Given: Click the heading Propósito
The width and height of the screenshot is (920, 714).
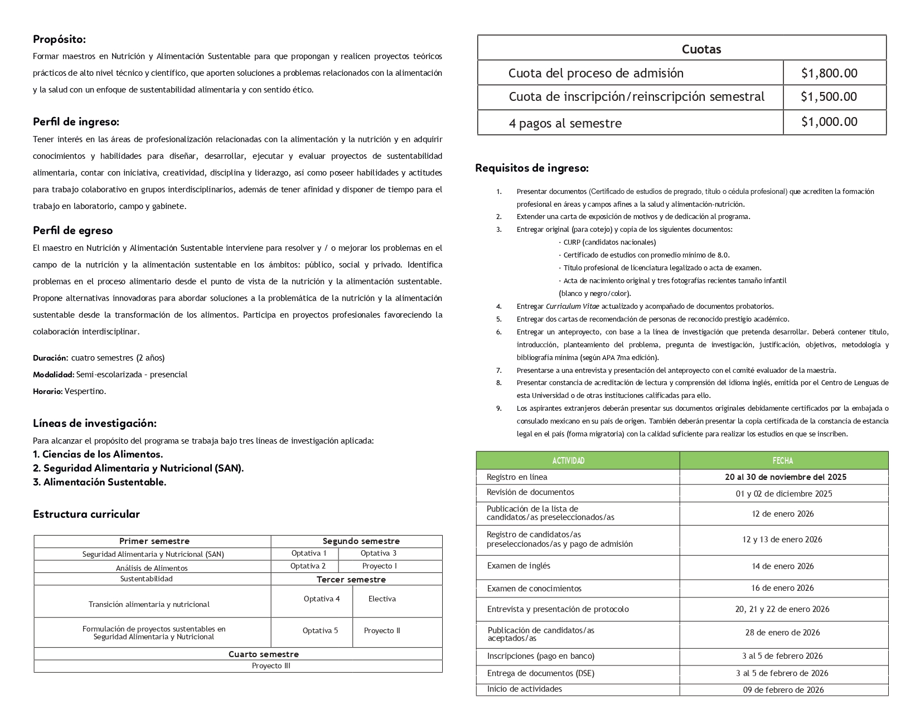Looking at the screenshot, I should click(59, 39).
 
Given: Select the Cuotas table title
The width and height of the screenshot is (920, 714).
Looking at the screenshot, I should click(701, 49).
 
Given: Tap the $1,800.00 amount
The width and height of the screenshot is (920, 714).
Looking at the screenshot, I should click(829, 73).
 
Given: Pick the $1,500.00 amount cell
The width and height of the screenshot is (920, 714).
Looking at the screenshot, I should click(829, 97).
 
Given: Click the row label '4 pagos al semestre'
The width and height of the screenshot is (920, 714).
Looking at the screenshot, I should click(565, 123).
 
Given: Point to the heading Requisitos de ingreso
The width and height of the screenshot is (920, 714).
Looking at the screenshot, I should click(531, 168).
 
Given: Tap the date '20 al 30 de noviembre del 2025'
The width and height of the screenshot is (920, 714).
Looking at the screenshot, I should click(785, 477).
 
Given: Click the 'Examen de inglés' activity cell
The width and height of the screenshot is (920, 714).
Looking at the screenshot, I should click(519, 566).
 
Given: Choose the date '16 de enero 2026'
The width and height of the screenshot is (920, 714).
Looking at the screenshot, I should click(782, 588).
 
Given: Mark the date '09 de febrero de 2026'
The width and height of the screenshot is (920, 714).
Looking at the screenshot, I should click(783, 690).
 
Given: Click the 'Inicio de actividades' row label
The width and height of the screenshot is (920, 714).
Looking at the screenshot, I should click(524, 689).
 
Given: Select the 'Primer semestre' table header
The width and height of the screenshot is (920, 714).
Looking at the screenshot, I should click(154, 541).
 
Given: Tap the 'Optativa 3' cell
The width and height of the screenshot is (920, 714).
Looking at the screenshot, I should click(378, 553).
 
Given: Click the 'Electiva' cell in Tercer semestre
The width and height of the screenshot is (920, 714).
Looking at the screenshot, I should click(382, 599).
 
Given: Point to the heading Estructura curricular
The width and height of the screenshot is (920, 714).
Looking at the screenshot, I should click(86, 514).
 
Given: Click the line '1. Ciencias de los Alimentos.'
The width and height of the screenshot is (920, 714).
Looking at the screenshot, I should click(98, 454).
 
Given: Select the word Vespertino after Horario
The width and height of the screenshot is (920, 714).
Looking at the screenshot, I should click(85, 391).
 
